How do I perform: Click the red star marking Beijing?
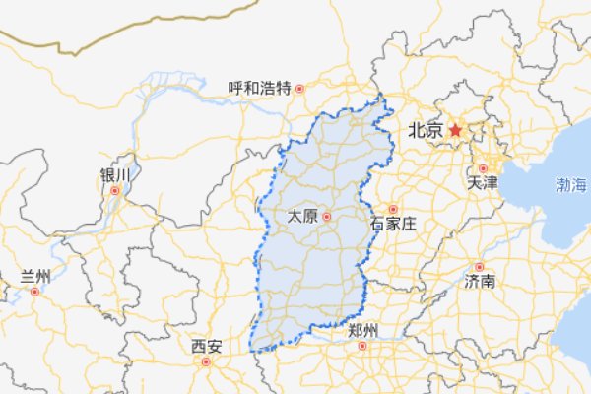point(455,129)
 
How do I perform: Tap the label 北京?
point(425,130)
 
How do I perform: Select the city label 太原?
point(303,216)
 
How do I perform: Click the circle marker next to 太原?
point(326,216)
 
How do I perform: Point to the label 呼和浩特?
point(259,88)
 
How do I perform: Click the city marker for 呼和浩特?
point(300,88)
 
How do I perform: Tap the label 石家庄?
point(393,225)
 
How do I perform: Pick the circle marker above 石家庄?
point(392,209)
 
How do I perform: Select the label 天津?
point(482,183)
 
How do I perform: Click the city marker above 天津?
point(483,168)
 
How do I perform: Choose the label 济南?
point(480,282)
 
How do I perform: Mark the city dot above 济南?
point(480,267)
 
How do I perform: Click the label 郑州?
point(363,331)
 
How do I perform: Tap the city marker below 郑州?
point(364,346)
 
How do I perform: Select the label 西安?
point(207,346)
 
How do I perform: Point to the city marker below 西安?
point(207,361)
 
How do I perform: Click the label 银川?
point(114,174)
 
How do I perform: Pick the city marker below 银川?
point(115,190)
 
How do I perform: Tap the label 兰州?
point(35,277)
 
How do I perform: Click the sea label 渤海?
point(570,184)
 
